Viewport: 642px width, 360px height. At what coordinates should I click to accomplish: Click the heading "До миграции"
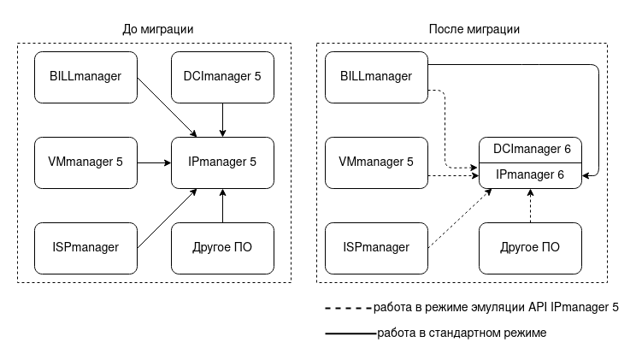click(158, 29)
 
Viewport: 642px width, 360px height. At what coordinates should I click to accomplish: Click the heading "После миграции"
click(474, 29)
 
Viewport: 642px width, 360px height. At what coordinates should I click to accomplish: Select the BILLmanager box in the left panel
click(85, 77)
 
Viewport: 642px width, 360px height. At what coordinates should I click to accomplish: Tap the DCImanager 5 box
click(222, 77)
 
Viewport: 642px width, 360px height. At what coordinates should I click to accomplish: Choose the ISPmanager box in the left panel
click(85, 248)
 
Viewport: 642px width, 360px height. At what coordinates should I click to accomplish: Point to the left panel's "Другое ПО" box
click(222, 248)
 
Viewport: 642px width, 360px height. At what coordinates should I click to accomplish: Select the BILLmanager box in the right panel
click(376, 77)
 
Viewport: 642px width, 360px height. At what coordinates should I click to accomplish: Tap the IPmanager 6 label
click(531, 175)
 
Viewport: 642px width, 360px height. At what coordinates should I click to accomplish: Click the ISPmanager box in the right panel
click(376, 248)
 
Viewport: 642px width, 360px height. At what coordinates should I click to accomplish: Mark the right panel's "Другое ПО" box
click(530, 248)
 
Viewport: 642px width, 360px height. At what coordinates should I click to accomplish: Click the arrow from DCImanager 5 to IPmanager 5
click(222, 120)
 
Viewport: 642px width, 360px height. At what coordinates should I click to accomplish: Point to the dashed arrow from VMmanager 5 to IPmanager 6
click(453, 176)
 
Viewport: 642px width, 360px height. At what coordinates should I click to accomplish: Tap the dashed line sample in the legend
click(348, 306)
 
